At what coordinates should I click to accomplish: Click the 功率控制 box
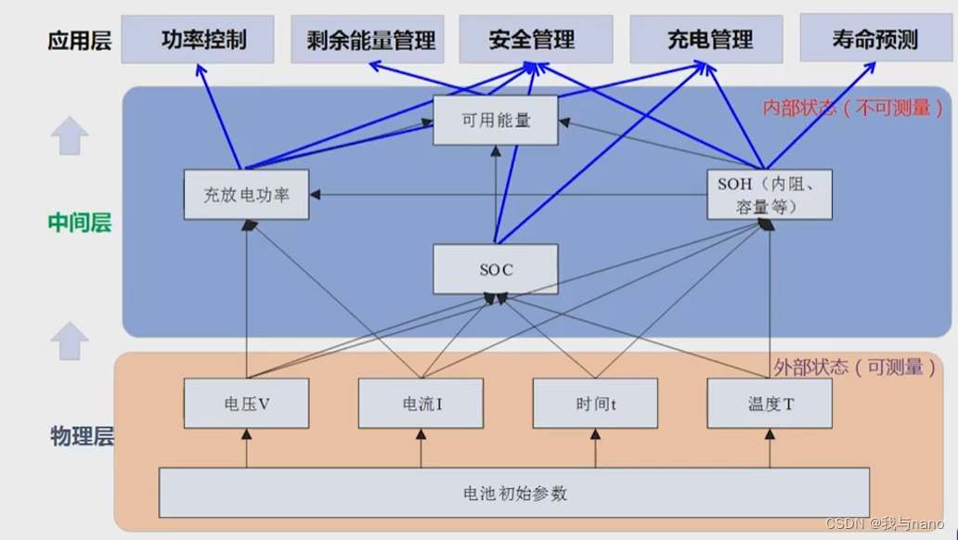point(197,40)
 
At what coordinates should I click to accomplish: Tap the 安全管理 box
point(536,40)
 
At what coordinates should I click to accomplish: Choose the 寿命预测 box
point(875,39)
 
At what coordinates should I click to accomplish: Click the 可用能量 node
point(495,120)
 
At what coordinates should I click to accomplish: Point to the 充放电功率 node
point(246,195)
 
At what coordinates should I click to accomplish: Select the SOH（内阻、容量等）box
point(769,194)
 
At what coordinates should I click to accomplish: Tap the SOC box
point(495,270)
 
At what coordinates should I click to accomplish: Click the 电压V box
point(246,404)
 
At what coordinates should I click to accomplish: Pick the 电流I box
point(421,404)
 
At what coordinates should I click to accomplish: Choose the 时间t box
point(595,404)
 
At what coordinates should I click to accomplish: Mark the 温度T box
point(769,404)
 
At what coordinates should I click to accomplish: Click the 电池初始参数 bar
point(513,493)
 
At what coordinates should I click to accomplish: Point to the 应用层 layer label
point(80,42)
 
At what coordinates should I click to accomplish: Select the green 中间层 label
point(79,223)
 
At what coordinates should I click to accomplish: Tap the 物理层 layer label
point(81,436)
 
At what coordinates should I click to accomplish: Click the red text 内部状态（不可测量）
point(853,109)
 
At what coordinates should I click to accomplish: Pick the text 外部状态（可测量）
point(855,366)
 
